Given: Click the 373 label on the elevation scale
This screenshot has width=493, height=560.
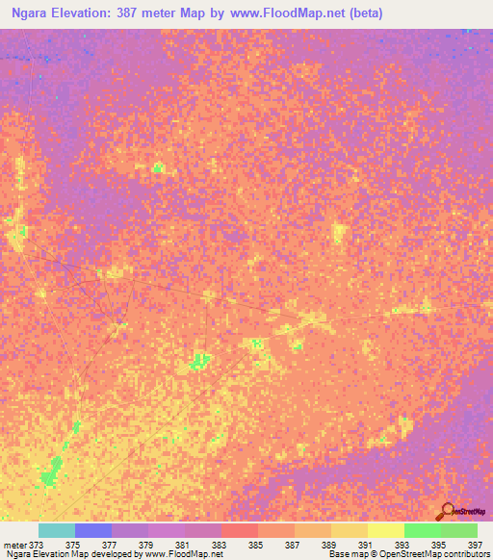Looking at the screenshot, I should [x=36, y=544].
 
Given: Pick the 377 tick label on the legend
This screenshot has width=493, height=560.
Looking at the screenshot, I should [x=110, y=544].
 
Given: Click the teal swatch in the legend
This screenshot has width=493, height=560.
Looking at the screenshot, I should [x=56, y=530].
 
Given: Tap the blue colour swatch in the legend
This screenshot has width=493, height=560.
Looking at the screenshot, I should [x=92, y=530].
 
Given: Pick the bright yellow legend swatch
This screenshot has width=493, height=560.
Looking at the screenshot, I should [x=385, y=530].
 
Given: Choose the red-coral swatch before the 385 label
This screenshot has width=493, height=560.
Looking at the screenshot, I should [x=239, y=530].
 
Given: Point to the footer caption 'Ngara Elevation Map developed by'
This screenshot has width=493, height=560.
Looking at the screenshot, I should [x=69, y=555].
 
